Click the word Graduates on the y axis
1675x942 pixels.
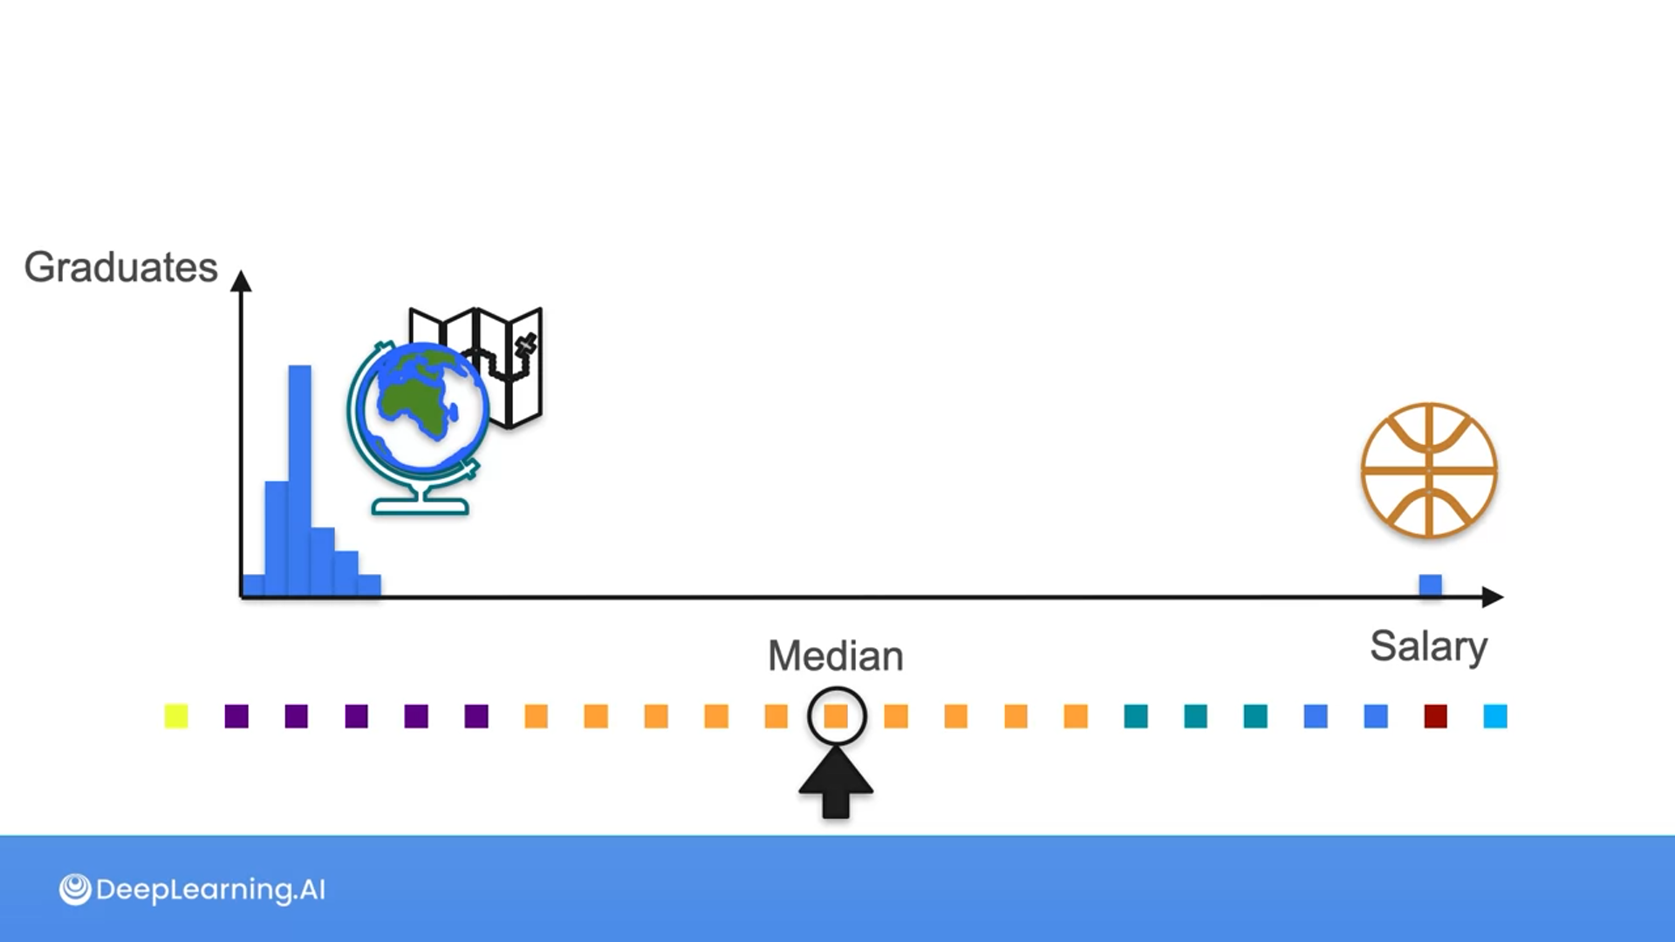120,267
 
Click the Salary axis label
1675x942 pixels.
1428,647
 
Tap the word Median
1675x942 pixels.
835,656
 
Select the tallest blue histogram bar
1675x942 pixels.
299,480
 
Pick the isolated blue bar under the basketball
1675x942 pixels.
1430,585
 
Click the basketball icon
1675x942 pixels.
1429,470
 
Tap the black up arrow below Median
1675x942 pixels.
836,784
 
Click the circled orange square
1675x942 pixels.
836,716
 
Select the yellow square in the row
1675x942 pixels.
176,716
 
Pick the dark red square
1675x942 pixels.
1435,716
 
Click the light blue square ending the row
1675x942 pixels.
1495,716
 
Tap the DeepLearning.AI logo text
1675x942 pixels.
210,890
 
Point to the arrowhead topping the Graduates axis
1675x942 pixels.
242,281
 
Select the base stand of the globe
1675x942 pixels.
420,505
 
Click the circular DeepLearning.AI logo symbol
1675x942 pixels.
75,889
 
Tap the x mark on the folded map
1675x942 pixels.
526,345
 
